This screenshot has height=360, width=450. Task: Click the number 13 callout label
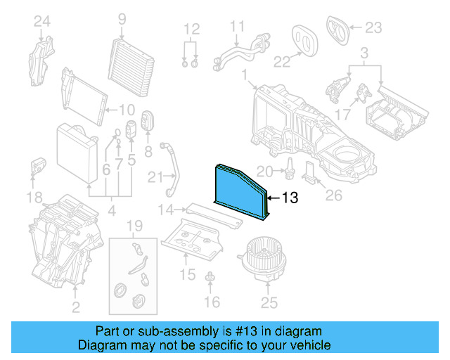[291, 198]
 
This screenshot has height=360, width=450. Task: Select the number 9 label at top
[122, 19]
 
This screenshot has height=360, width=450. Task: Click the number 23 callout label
[373, 28]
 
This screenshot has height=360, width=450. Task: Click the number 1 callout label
[243, 75]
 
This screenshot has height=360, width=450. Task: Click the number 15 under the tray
[187, 274]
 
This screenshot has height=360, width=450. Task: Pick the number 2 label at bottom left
[75, 307]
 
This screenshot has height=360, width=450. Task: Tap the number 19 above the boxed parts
[134, 226]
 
